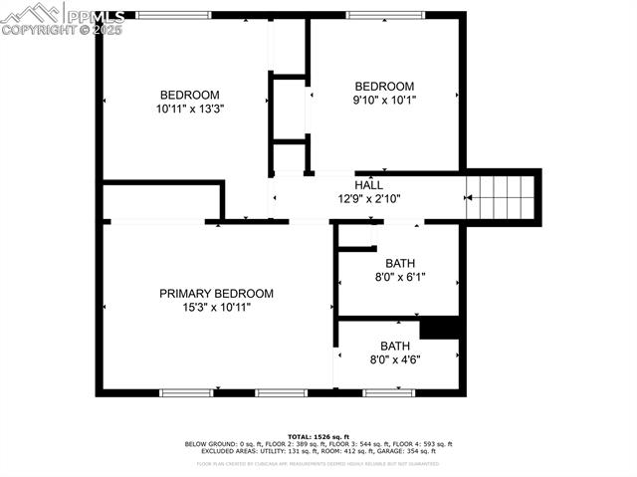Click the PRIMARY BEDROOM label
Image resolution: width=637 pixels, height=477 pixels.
click(216, 294)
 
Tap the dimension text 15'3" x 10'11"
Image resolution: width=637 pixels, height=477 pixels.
click(216, 308)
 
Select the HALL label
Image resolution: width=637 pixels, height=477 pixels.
click(369, 184)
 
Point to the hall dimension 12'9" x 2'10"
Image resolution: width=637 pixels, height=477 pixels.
click(369, 198)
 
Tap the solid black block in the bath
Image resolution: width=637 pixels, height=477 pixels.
click(439, 328)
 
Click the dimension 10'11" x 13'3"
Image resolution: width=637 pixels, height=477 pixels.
click(189, 109)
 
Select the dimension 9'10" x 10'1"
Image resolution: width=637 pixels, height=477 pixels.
click(384, 100)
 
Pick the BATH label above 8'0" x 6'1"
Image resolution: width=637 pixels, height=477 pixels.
click(400, 263)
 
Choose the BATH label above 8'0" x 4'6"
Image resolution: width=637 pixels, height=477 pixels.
click(395, 346)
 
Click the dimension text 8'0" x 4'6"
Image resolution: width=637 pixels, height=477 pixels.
click(395, 359)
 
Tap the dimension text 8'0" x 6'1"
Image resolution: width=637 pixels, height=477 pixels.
click(400, 277)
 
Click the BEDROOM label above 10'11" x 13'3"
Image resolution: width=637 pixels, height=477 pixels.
click(189, 95)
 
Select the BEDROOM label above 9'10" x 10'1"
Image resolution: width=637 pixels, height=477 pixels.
click(384, 87)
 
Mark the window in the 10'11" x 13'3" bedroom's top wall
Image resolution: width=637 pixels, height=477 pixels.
click(173, 15)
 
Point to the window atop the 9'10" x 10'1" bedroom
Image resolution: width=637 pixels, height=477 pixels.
click(381, 15)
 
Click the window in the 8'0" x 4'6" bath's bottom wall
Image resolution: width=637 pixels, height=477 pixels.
click(388, 392)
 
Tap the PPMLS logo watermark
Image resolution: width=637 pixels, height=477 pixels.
click(63, 18)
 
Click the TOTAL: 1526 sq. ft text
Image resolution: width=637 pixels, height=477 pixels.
click(318, 437)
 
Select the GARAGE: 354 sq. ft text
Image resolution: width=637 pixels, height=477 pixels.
click(409, 451)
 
